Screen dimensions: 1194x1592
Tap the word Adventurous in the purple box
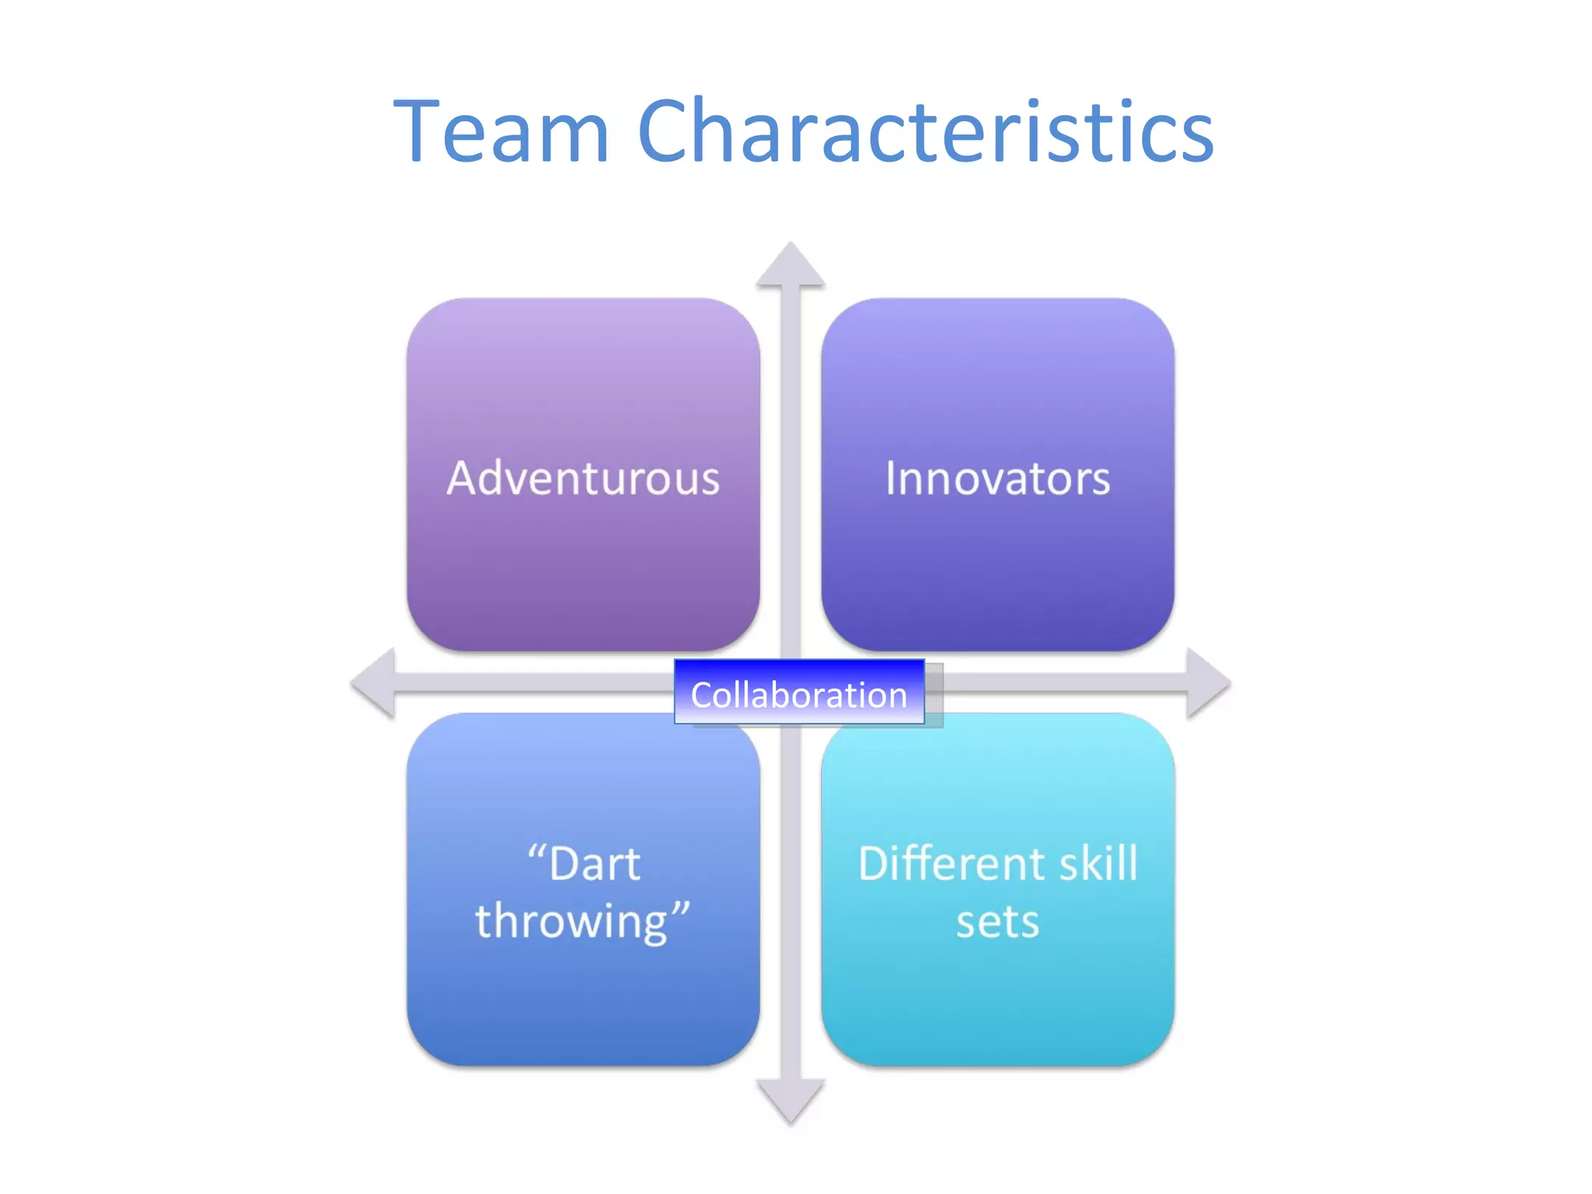(x=583, y=477)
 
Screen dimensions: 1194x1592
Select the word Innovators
(x=997, y=477)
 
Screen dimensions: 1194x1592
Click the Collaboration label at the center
(x=799, y=694)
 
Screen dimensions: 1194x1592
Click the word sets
(x=997, y=922)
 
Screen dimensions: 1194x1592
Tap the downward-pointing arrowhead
(x=791, y=1100)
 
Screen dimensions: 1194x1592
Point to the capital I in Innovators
(x=892, y=477)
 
